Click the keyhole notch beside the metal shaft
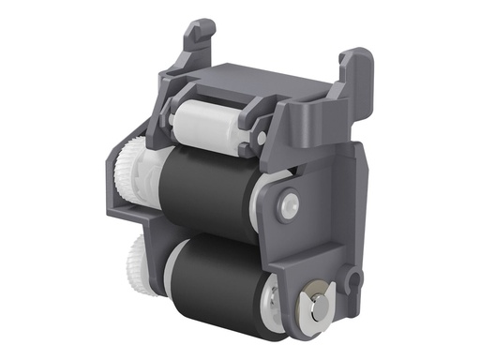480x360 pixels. [x=352, y=277]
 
